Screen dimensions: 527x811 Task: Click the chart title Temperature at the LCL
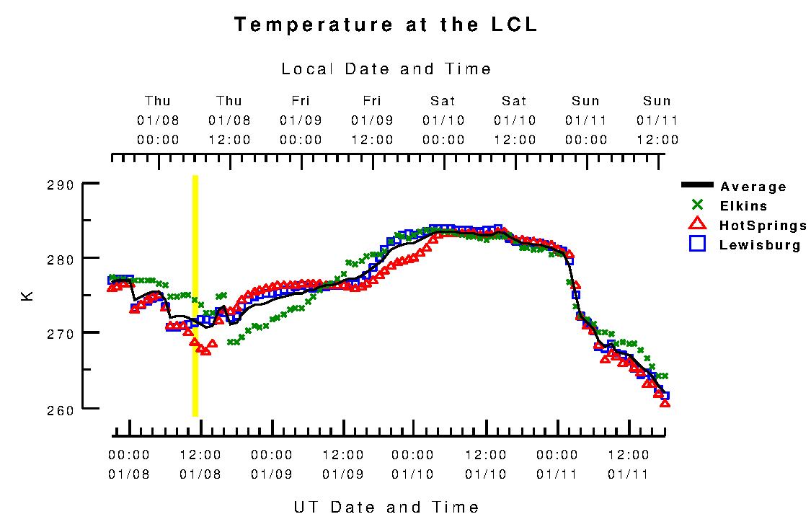[x=386, y=25]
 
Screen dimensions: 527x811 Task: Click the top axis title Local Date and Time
[x=386, y=69]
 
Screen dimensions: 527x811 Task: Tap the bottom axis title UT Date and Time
[x=386, y=507]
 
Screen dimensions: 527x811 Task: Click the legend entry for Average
[x=753, y=187]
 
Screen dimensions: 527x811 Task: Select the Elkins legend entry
[x=743, y=206]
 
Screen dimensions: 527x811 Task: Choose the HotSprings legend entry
[x=763, y=226]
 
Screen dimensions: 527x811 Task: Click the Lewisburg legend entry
[x=760, y=245]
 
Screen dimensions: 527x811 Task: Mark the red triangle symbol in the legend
[x=697, y=225]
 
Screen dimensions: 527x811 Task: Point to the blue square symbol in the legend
[x=697, y=244]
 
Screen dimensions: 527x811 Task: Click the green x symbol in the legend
[x=697, y=205]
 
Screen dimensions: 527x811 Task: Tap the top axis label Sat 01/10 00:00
[x=443, y=120]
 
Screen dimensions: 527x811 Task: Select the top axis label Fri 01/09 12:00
[x=372, y=120]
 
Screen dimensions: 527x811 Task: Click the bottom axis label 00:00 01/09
[x=272, y=464]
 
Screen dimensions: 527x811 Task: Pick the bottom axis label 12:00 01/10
[x=485, y=464]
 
